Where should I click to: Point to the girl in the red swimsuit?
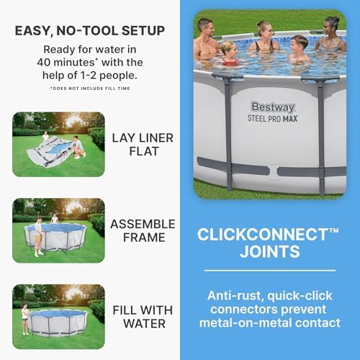pyautogui.click(x=230, y=54)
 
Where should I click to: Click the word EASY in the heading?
pyautogui.click(x=40, y=31)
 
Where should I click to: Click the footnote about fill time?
pyautogui.click(x=94, y=88)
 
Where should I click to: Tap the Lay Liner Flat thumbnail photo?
pyautogui.click(x=58, y=145)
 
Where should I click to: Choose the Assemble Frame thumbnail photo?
pyautogui.click(x=58, y=230)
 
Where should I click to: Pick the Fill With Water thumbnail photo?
pyautogui.click(x=58, y=316)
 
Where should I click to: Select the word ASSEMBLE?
pyautogui.click(x=142, y=223)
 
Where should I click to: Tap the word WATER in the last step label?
pyautogui.click(x=144, y=323)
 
